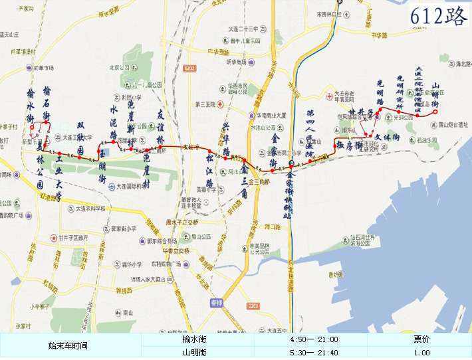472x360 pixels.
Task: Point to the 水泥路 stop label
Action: [114, 120]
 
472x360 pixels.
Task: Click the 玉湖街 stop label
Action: [102, 167]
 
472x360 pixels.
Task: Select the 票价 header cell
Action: [421, 340]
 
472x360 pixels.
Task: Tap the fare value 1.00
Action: [421, 352]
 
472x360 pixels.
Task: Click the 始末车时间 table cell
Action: [68, 346]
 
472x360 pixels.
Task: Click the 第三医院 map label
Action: [206, 104]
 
